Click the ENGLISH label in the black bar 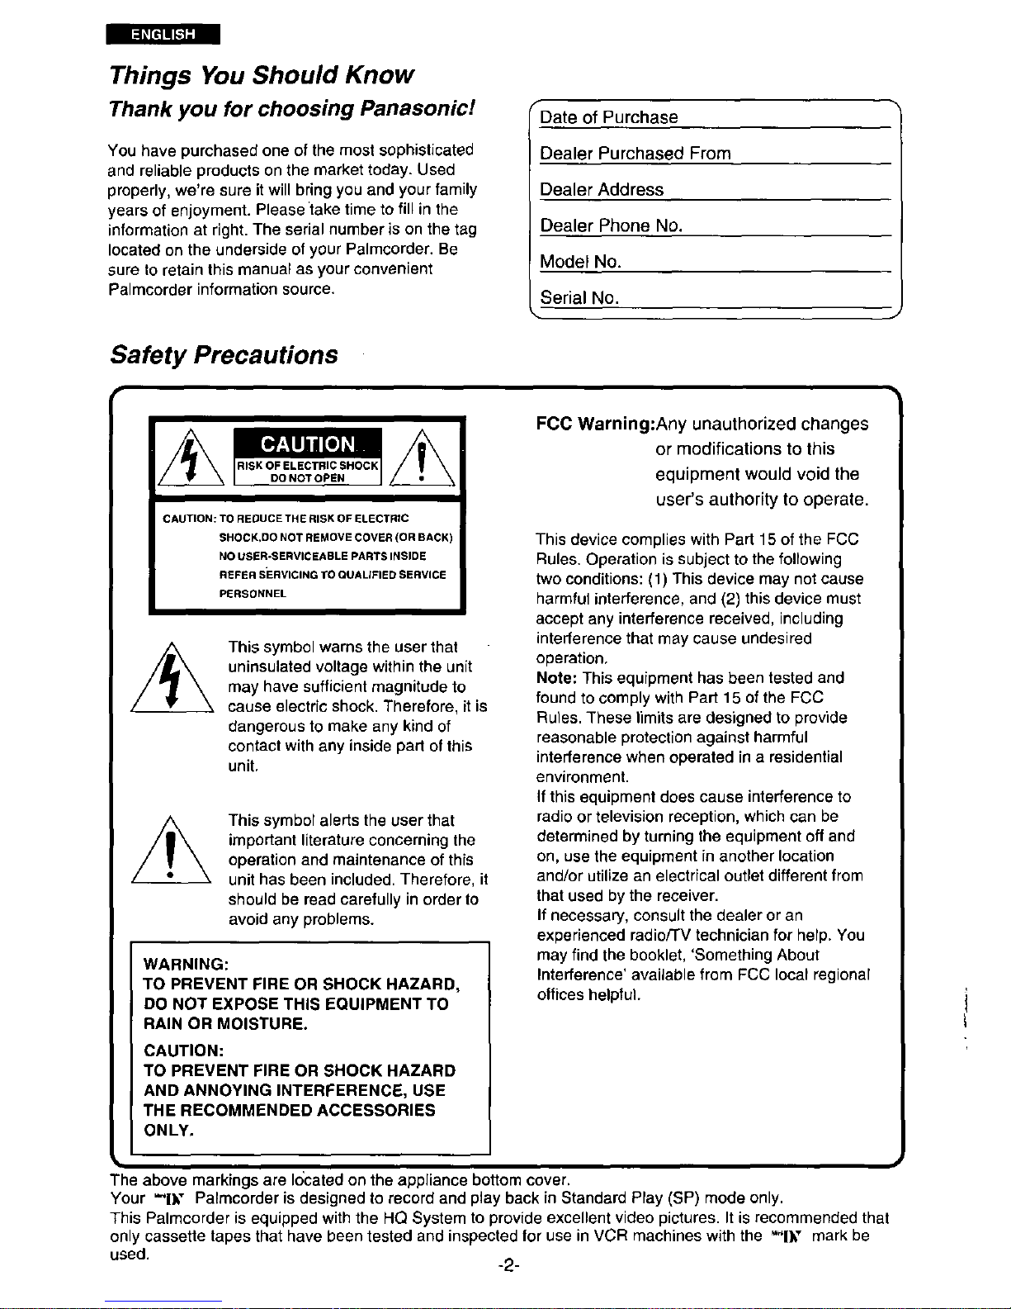pyautogui.click(x=163, y=35)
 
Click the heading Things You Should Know pyautogui.click(x=261, y=75)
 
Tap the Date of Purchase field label pyautogui.click(x=609, y=117)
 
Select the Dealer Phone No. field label pyautogui.click(x=611, y=225)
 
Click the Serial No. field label pyautogui.click(x=579, y=297)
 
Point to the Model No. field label pyautogui.click(x=580, y=262)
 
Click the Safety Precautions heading pyautogui.click(x=224, y=355)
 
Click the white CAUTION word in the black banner pyautogui.click(x=308, y=445)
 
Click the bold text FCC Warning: pyautogui.click(x=595, y=424)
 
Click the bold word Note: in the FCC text pyautogui.click(x=557, y=678)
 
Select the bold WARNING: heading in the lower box pyautogui.click(x=186, y=965)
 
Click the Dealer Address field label pyautogui.click(x=602, y=190)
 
